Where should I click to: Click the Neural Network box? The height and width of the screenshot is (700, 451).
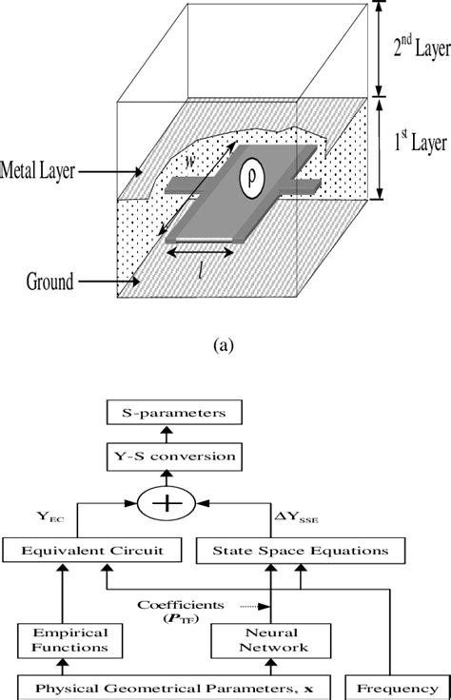click(x=272, y=640)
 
